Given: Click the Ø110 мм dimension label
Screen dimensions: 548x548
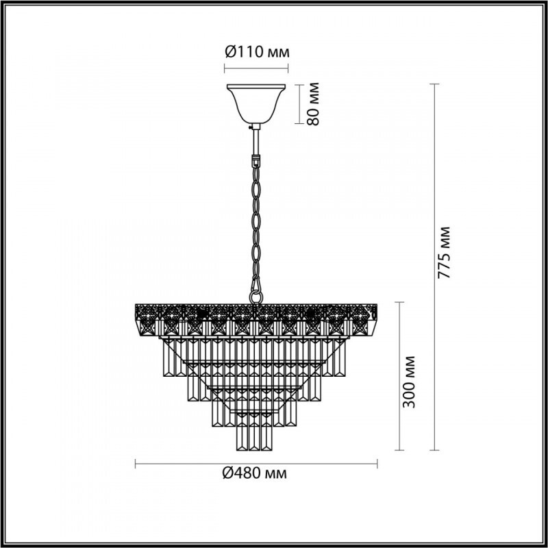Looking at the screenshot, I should pos(257,52).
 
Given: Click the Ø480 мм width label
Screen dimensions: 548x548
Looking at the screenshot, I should pos(256,473).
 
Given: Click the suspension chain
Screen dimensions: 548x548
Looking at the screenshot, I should pos(257,219).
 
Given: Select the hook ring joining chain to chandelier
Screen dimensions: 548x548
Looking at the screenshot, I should pos(256,292).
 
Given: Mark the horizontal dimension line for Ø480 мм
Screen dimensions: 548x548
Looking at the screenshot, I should pos(256,464).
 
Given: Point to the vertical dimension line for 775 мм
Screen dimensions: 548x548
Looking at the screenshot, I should pos(433,267).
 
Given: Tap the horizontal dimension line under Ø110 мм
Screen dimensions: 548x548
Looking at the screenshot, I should pos(257,67).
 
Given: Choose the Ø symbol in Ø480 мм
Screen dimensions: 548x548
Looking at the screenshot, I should pos(229,473).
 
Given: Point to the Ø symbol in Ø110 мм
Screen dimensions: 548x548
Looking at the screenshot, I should pos(231,52).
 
